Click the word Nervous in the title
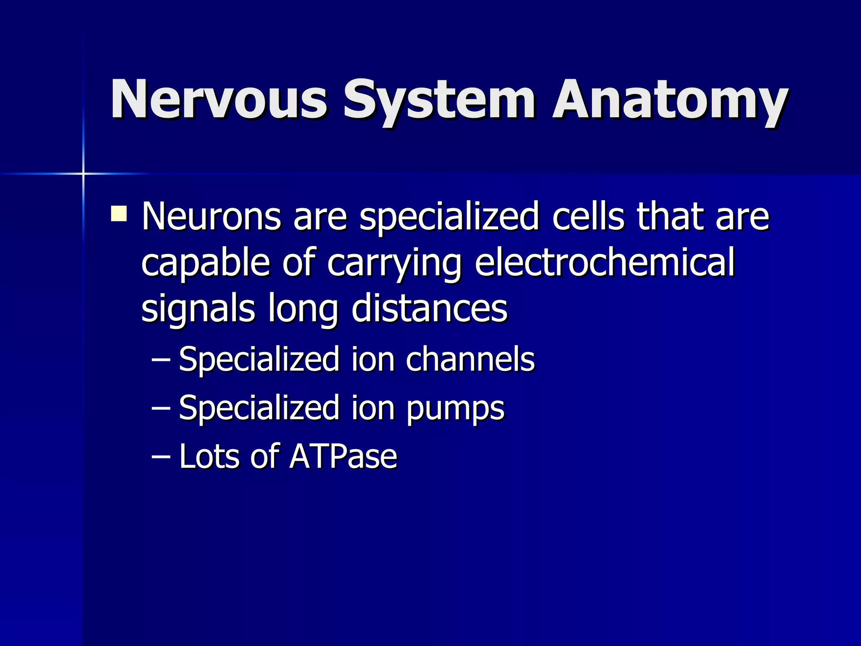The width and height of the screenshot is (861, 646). [x=218, y=100]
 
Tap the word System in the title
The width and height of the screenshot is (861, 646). [x=439, y=101]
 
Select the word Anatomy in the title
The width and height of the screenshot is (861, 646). [x=670, y=101]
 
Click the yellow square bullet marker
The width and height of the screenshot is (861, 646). [x=119, y=213]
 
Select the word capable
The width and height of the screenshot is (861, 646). [x=205, y=263]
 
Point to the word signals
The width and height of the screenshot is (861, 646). [x=198, y=309]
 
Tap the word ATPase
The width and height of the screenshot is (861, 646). [x=343, y=456]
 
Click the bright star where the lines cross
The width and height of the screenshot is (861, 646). [x=83, y=173]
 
